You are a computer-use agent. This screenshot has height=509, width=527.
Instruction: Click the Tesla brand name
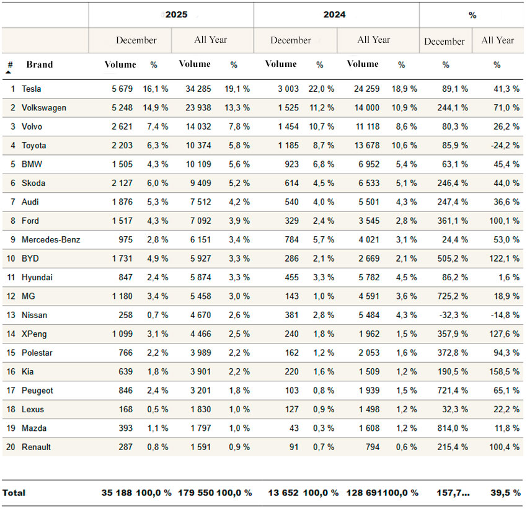pyautogui.click(x=32, y=89)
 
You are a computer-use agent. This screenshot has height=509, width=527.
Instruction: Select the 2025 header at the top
pyautogui.click(x=176, y=14)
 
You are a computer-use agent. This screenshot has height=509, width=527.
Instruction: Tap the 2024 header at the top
pyautogui.click(x=335, y=14)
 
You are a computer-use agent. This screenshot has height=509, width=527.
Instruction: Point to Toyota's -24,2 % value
pyautogui.click(x=503, y=146)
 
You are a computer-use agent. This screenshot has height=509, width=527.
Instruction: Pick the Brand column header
pyautogui.click(x=40, y=64)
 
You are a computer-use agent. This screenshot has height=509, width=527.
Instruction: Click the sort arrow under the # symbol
pyautogui.click(x=9, y=73)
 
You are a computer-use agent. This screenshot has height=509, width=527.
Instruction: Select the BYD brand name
pyautogui.click(x=30, y=259)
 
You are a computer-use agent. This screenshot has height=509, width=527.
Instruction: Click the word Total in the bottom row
pyautogui.click(x=14, y=493)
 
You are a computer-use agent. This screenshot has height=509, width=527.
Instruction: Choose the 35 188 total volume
pyautogui.click(x=118, y=493)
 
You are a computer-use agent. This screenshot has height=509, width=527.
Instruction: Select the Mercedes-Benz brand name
pyautogui.click(x=51, y=240)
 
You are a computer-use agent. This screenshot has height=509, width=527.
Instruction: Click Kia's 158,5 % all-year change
pyautogui.click(x=503, y=372)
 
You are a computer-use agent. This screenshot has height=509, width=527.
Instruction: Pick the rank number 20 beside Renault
pyautogui.click(x=11, y=447)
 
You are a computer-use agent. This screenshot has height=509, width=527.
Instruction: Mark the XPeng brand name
pyautogui.click(x=34, y=334)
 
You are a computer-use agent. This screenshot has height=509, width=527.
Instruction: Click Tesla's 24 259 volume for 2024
pyautogui.click(x=366, y=89)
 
